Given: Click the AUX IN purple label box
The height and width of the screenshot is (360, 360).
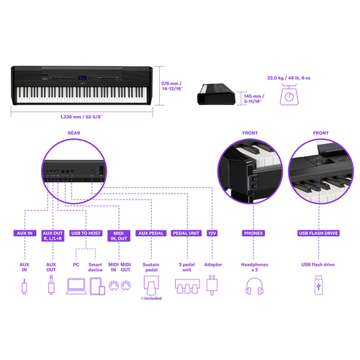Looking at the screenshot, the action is click(x=24, y=233).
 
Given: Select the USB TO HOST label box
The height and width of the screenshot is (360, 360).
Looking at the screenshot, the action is click(x=86, y=233).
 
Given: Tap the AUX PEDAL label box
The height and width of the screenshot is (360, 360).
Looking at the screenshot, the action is click(x=150, y=233).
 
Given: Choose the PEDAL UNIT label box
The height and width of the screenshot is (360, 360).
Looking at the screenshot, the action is click(x=186, y=233).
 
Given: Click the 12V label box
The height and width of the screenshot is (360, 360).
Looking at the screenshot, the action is click(x=212, y=233).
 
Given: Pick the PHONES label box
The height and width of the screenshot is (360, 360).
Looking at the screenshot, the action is click(x=253, y=233).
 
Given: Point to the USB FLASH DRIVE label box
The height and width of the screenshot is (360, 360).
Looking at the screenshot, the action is click(x=318, y=233).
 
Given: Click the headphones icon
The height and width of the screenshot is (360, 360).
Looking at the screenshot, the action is click(x=254, y=286).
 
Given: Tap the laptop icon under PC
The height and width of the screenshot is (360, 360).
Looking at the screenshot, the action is click(x=76, y=286).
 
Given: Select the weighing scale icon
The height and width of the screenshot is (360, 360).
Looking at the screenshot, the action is click(x=289, y=94).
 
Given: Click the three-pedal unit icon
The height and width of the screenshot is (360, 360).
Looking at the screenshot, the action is click(x=187, y=286).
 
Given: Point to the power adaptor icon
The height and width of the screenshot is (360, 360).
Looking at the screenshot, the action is click(x=212, y=285).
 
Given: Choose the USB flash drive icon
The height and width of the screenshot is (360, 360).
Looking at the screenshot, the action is click(x=318, y=285).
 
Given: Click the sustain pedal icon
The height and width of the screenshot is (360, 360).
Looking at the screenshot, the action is click(x=151, y=285).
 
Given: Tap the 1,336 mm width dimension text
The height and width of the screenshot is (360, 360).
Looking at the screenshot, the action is click(x=81, y=117).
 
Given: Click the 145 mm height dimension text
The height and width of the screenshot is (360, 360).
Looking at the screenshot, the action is click(x=254, y=99).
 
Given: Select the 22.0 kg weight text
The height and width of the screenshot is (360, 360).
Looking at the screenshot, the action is click(x=289, y=78).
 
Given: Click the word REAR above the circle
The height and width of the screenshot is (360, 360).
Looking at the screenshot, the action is click(x=74, y=133).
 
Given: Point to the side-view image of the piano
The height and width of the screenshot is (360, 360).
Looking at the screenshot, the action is click(x=216, y=94).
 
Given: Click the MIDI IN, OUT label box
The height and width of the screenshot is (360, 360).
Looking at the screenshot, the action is click(x=119, y=235).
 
